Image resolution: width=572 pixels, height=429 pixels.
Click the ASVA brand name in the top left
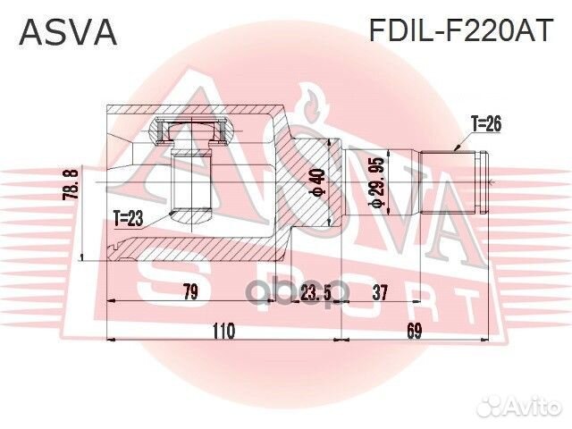click(x=68, y=32)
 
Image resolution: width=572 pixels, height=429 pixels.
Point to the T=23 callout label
click(x=129, y=216)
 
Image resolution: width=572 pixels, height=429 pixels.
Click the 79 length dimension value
click(x=189, y=290)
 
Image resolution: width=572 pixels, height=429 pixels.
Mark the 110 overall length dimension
click(x=223, y=332)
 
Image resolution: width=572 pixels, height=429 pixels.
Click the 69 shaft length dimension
click(x=414, y=332)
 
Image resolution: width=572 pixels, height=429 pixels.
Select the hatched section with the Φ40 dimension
click(x=308, y=183)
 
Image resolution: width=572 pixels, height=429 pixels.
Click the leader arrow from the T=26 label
click(x=461, y=139)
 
